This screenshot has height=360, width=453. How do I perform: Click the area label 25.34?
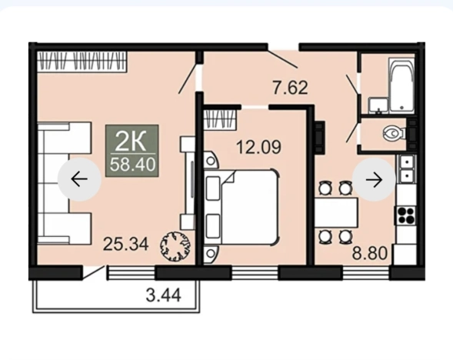(x=125, y=244)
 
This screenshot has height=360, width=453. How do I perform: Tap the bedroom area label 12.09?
(x=258, y=147)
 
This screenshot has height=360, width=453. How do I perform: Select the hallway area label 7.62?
(x=291, y=88)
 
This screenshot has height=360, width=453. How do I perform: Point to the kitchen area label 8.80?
(x=369, y=253)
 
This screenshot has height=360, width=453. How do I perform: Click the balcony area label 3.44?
(x=164, y=295)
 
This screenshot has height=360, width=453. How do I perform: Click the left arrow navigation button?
(x=79, y=179)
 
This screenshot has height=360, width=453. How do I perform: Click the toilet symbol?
(x=395, y=133)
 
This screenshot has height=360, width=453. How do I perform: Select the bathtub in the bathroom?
(x=401, y=85)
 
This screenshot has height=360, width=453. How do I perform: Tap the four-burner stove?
(x=406, y=215)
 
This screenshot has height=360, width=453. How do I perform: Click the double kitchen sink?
(x=407, y=169)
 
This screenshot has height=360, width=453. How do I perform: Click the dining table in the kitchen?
(x=336, y=212)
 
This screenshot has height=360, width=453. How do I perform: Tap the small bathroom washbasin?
(x=378, y=105)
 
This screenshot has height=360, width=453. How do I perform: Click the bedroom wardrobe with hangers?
(x=221, y=119)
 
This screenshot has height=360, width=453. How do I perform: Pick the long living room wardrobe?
(x=82, y=62)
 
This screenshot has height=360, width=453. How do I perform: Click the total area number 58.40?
(x=132, y=165)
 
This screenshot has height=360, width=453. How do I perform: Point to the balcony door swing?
(x=93, y=273)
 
